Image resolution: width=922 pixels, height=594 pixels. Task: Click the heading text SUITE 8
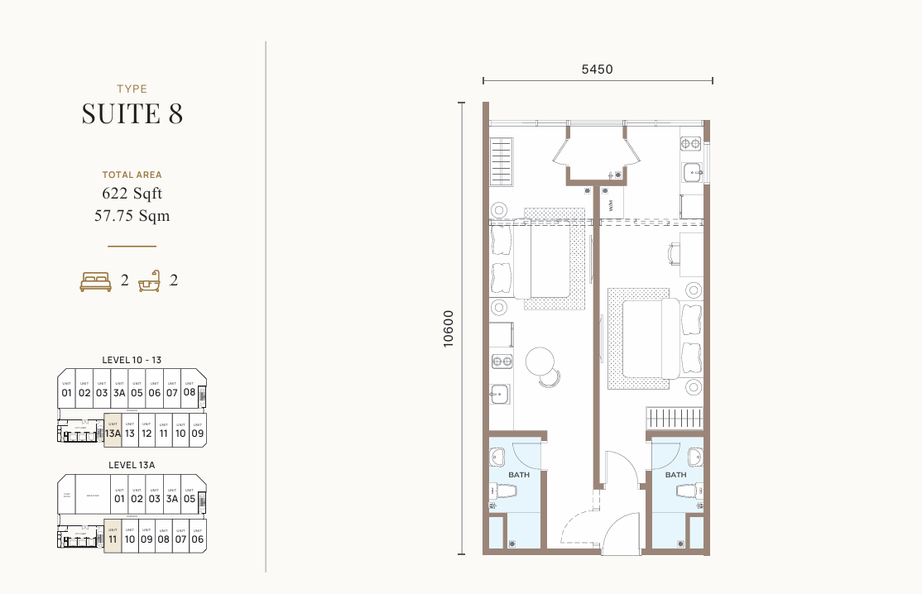[132, 113]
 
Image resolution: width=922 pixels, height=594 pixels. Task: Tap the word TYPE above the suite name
[132, 89]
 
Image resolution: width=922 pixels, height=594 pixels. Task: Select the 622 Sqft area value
[132, 194]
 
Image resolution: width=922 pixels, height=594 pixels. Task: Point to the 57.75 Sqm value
[132, 216]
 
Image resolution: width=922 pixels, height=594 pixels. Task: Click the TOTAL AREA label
[132, 175]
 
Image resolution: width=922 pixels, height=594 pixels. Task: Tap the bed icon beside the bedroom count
[96, 281]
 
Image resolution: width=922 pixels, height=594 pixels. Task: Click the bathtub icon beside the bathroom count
[150, 281]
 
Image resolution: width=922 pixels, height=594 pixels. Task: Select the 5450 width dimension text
[597, 69]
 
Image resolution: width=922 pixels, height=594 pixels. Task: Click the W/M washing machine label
[612, 205]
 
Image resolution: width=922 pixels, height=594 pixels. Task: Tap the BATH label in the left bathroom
[519, 475]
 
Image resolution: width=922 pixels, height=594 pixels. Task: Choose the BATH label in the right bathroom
[675, 475]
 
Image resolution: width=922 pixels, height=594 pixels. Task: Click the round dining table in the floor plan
[540, 361]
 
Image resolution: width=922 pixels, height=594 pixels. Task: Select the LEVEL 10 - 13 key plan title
[132, 360]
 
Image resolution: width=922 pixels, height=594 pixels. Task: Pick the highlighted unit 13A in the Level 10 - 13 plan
[113, 430]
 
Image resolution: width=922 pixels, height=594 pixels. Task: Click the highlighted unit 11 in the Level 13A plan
[113, 536]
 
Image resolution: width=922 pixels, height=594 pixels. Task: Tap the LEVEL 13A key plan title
[132, 466]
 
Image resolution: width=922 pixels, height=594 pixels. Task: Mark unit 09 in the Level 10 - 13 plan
[197, 430]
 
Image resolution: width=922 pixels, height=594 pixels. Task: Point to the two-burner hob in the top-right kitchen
[690, 144]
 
